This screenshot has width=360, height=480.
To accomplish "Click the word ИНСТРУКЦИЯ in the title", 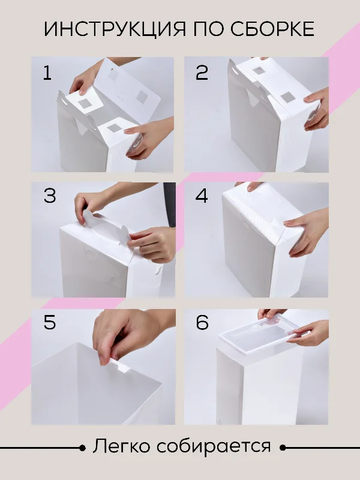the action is pyautogui.click(x=115, y=29).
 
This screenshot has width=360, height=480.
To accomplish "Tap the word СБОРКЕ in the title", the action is pyautogui.click(x=272, y=29).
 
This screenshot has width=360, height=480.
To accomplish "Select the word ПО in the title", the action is pyautogui.click(x=208, y=29).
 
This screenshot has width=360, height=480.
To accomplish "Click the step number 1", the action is pyautogui.click(x=47, y=73).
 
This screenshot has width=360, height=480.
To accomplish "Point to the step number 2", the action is pyautogui.click(x=202, y=73).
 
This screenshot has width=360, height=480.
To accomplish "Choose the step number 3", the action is pyautogui.click(x=50, y=196).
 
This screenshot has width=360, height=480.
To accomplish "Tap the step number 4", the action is pyautogui.click(x=202, y=196).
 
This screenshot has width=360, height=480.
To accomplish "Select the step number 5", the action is pyautogui.click(x=50, y=322).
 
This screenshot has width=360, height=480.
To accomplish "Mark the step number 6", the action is pyautogui.click(x=202, y=322).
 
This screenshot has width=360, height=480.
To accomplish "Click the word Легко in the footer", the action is pyautogui.click(x=122, y=446).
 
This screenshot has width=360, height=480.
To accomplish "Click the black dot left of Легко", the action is pyautogui.click(x=82, y=448).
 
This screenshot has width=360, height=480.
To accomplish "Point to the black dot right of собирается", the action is pyautogui.click(x=283, y=448).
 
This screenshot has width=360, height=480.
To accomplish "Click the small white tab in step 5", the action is pyautogui.click(x=121, y=366).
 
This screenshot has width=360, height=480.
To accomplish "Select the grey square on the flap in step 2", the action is pyautogui.click(x=287, y=98).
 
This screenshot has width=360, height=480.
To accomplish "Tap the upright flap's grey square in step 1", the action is pyautogui.click(x=142, y=97).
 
